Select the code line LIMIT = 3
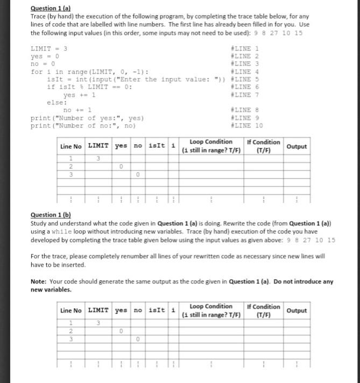coord(48,48)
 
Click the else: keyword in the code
coord(57,102)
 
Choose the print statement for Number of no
coord(83,126)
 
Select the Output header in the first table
coord(297,146)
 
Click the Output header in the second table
coord(297,310)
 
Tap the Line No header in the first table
coord(71,146)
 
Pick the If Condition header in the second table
coord(263,310)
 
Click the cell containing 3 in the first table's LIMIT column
coord(98,158)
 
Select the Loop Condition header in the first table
coord(211,146)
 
